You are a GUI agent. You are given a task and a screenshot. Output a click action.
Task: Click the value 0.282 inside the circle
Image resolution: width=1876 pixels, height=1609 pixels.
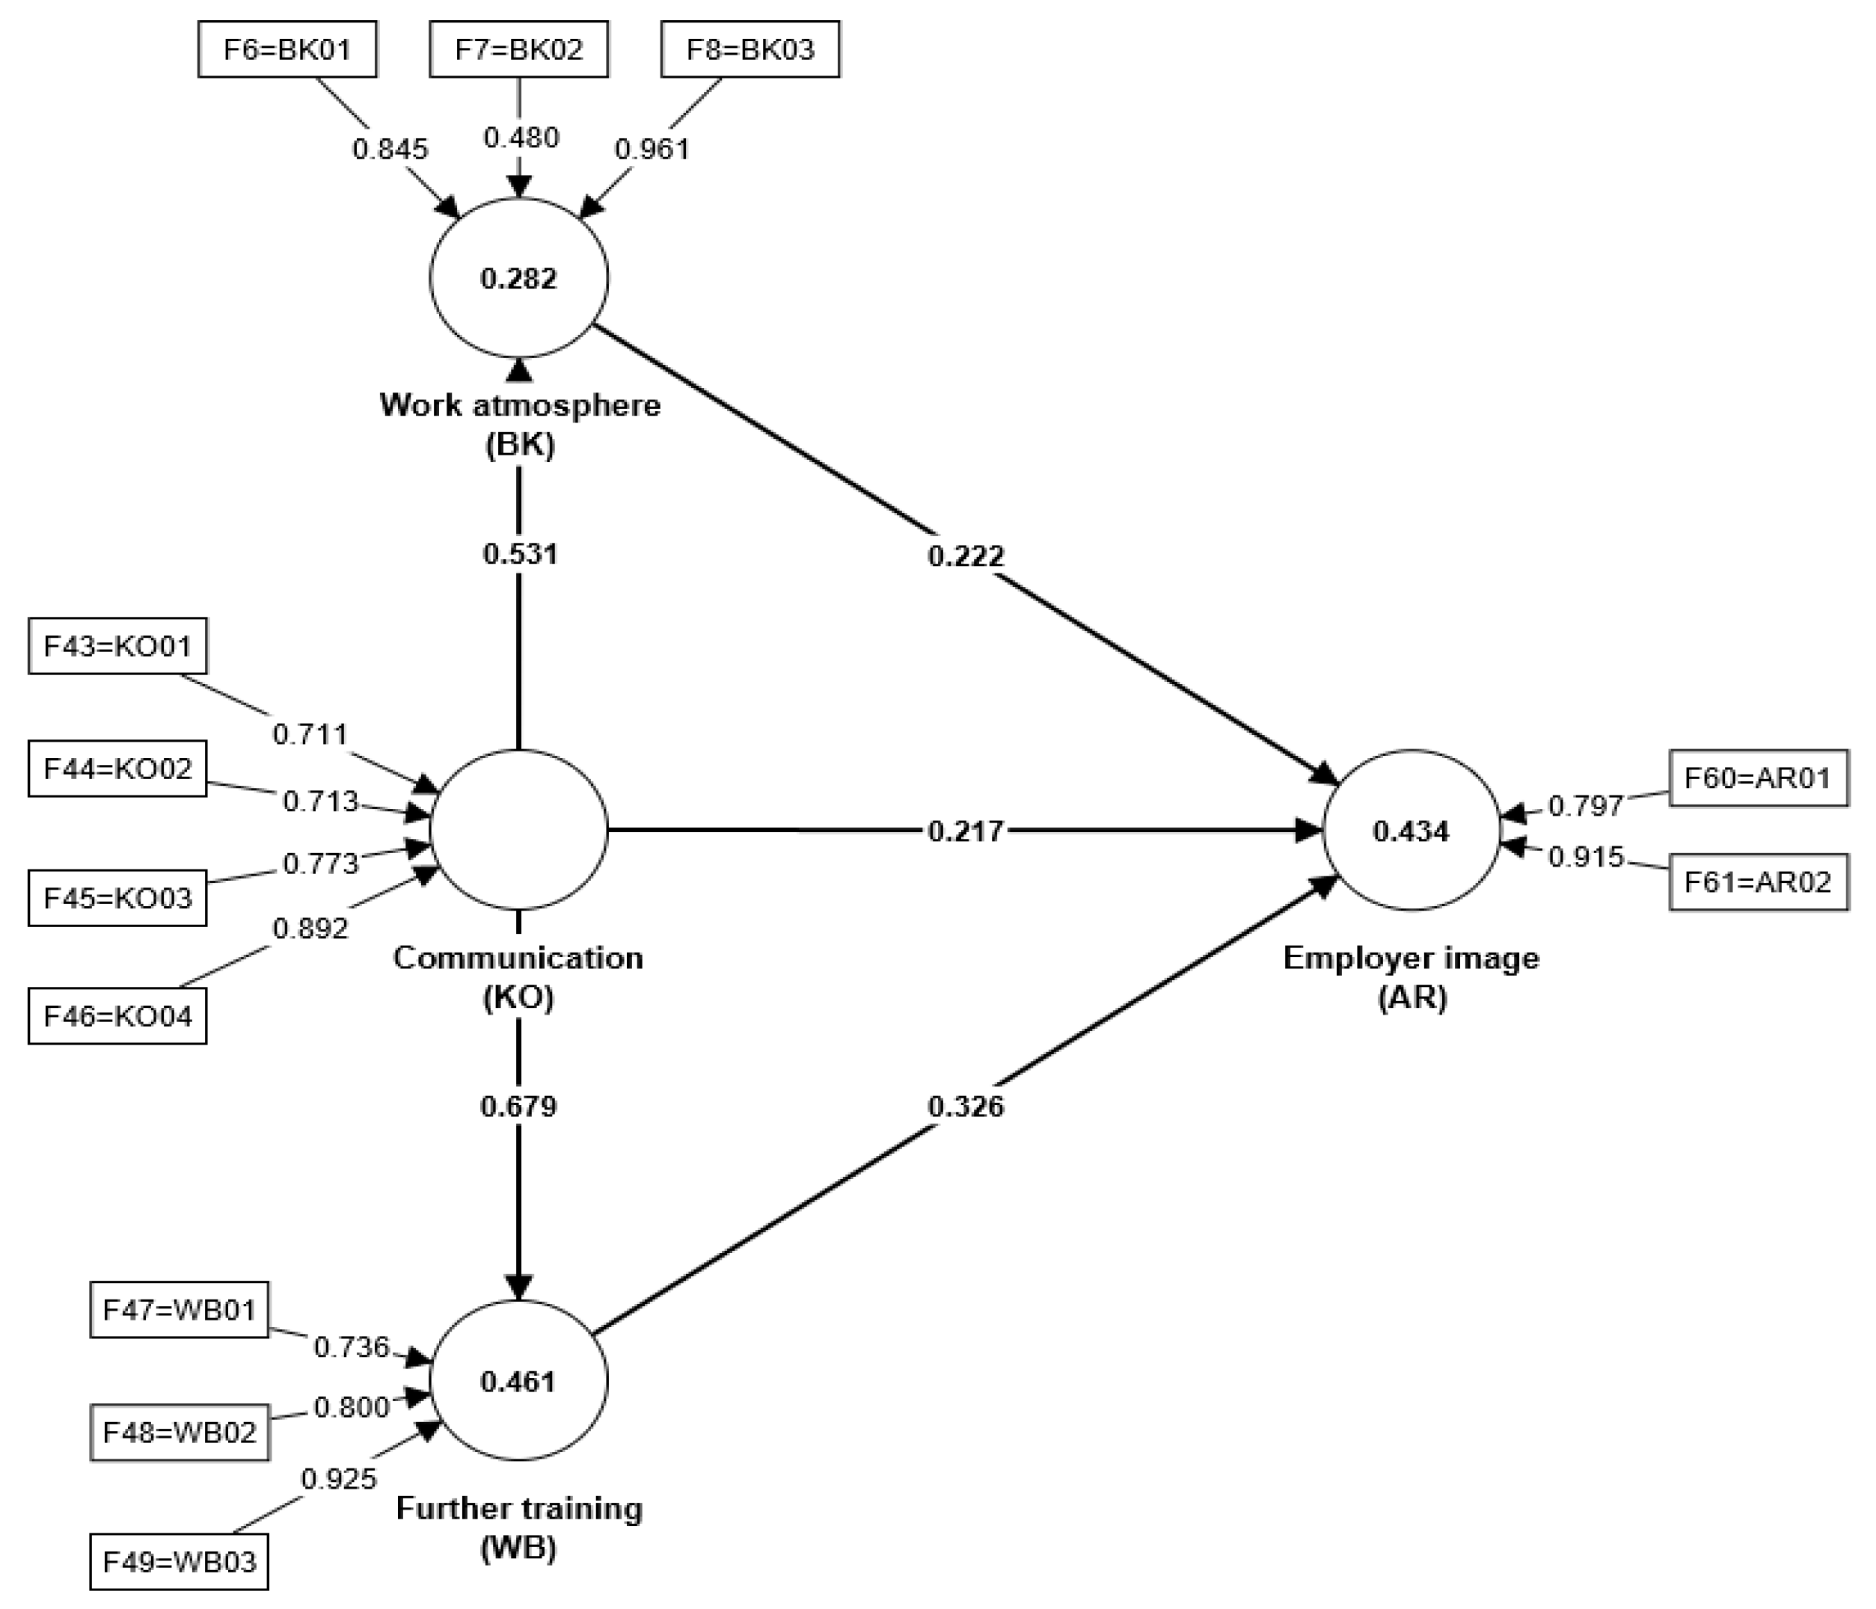pos(519,279)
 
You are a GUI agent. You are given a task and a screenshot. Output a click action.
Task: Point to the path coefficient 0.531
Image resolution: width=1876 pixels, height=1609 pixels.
pos(519,553)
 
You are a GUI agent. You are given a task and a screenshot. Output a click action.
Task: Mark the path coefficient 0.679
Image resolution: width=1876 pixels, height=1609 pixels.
pos(519,1105)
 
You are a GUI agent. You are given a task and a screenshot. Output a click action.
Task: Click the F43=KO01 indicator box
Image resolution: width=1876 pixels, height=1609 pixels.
pos(117,646)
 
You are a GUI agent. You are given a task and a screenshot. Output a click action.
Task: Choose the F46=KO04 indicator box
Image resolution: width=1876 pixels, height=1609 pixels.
pos(117,1016)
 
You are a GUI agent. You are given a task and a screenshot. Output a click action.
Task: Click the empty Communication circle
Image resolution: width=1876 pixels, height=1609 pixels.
pos(519,830)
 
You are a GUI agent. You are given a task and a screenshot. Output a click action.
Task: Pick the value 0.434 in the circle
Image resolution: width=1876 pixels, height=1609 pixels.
pos(1411,830)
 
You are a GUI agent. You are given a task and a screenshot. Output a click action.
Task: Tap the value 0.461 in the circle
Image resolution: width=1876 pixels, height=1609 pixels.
pos(519,1381)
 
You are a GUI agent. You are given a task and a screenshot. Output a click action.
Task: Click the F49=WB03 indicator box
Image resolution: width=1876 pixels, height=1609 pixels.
pos(180,1562)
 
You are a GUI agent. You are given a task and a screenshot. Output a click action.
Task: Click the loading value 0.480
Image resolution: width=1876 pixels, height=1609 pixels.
pos(521,138)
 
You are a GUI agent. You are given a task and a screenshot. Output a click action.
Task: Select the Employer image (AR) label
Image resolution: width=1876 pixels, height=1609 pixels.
pos(1411,976)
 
